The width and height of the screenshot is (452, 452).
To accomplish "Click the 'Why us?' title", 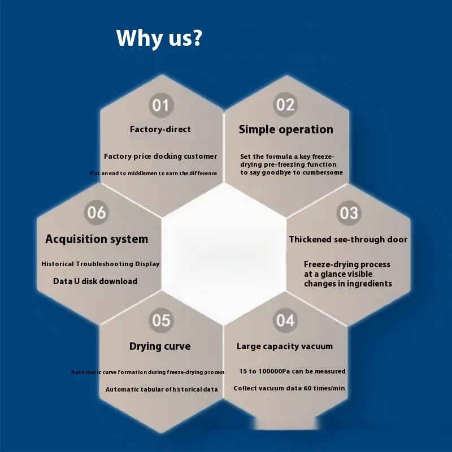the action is click(x=159, y=38).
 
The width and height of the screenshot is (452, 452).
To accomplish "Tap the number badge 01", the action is click(x=161, y=105).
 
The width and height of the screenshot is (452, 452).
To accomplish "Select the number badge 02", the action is click(x=285, y=105).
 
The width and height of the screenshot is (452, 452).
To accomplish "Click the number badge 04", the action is click(x=285, y=320).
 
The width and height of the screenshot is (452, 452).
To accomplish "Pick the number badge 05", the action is click(x=161, y=320).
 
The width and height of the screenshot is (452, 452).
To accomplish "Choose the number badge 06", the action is click(x=97, y=212).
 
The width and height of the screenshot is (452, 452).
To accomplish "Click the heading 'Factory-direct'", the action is click(x=160, y=129).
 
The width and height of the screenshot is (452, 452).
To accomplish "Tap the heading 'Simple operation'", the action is click(x=286, y=129).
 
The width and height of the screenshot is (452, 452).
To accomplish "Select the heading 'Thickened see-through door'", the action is click(x=348, y=240).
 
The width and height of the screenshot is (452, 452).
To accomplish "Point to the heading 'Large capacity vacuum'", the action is click(x=285, y=346).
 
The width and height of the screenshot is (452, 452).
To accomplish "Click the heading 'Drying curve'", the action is click(x=160, y=346).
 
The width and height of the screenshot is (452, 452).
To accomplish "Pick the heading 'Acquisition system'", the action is click(x=97, y=239).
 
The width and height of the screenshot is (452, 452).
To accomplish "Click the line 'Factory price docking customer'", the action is click(x=160, y=157).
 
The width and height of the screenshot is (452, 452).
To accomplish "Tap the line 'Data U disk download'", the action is click(x=95, y=281).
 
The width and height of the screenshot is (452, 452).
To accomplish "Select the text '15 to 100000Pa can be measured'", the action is click(x=292, y=371).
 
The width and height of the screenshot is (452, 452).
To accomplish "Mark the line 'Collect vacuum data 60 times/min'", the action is click(x=289, y=388).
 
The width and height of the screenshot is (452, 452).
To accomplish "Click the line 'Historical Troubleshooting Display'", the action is click(x=101, y=264).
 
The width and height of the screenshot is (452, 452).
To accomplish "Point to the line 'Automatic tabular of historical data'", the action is click(x=162, y=389).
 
